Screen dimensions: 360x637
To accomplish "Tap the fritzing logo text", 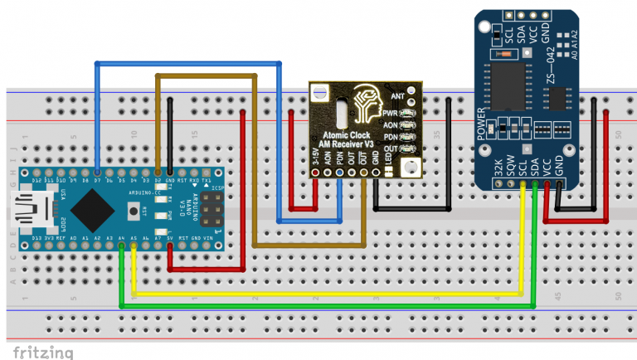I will pos(41,351).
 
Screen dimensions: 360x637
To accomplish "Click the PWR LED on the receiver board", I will pos(406,111).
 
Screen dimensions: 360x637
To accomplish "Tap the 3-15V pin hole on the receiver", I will pos(315,173).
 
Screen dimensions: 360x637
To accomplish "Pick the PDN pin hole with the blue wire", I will pos(339,173).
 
